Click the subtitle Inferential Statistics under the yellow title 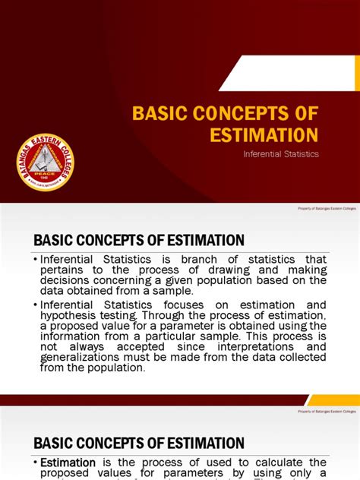pyautogui.click(x=281, y=154)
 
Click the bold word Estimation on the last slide pyautogui.click(x=68, y=463)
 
